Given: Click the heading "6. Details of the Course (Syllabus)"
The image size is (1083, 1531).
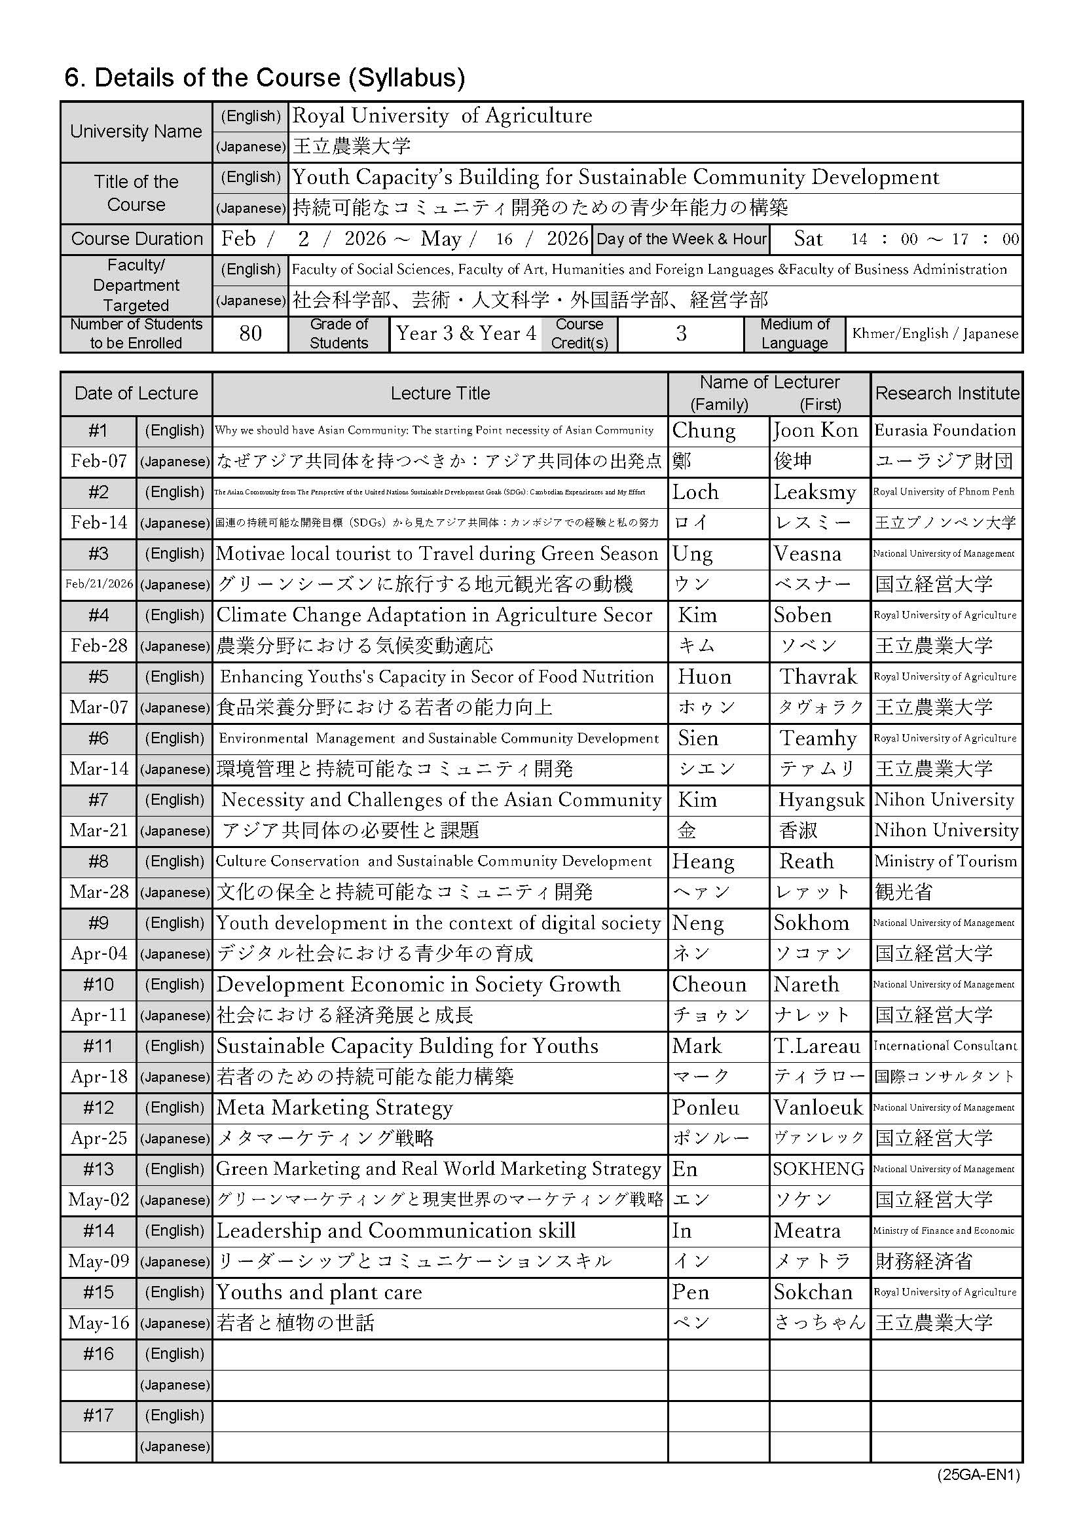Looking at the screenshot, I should pos(264,78).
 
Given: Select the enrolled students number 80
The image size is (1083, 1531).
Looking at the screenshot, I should pos(250,333).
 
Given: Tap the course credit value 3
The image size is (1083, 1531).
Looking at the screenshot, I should pos(680,333).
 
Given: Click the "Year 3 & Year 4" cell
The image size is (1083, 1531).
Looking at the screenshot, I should pos(466,333).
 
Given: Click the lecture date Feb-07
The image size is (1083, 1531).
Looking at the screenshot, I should pos(99,462).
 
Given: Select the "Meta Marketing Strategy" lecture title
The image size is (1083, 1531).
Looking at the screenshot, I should pos(335,1107).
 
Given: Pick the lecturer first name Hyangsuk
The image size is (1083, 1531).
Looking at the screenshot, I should pos(821,800).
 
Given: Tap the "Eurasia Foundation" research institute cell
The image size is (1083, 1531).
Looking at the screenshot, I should pos(945,431).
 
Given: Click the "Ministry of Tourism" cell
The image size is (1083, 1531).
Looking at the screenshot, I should pos(945,862).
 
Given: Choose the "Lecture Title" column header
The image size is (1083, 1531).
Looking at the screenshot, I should pos(440,394).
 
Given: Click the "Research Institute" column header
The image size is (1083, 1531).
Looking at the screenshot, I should pos(946,394).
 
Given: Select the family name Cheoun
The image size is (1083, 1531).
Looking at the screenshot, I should pos(708,985).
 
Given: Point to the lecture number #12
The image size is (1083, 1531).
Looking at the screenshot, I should pos(99,1107).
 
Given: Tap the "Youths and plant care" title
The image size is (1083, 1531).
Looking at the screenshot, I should pos(320,1292).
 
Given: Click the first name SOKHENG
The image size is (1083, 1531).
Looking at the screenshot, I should pos(818,1169).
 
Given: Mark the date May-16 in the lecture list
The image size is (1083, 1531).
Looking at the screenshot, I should pos(99,1323).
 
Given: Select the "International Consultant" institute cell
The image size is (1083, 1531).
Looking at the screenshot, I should pos(945,1046).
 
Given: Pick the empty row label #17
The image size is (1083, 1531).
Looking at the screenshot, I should pos(99,1416).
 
